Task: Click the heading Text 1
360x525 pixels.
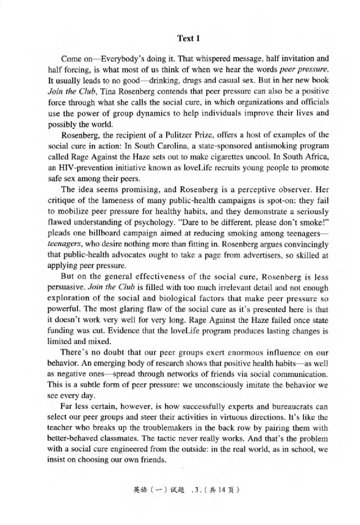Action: [x=189, y=38]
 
